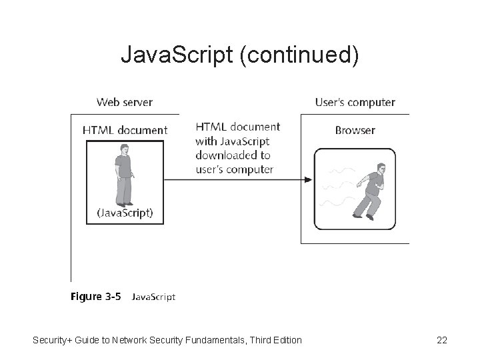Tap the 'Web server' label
point(125,103)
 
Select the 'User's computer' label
point(355,103)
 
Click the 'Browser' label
point(355,130)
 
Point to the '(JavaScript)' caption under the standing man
point(125,213)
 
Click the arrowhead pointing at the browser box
point(308,179)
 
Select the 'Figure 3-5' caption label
point(96,297)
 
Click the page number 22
point(441,341)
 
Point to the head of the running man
point(381,167)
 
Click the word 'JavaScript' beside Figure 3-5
point(153,297)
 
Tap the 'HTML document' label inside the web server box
point(125,130)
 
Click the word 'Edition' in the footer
point(286,341)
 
